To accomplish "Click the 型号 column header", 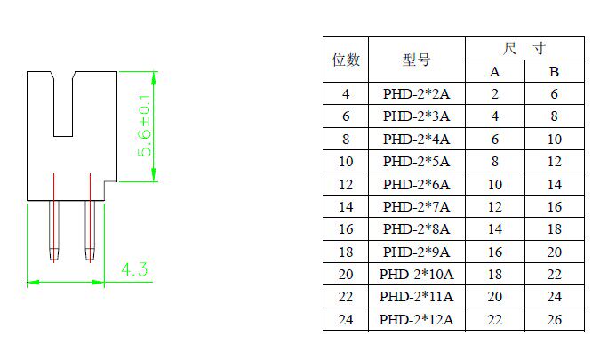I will pyautogui.click(x=416, y=60).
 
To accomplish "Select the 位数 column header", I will pyautogui.click(x=346, y=60).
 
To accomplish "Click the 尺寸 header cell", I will pyautogui.click(x=524, y=49).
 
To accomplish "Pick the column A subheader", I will pyautogui.click(x=494, y=72).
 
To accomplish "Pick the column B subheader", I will pyautogui.click(x=554, y=72).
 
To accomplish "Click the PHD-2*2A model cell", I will pyautogui.click(x=416, y=94).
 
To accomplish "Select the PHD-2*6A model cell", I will pyautogui.click(x=416, y=185).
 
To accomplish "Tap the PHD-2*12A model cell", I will pyautogui.click(x=416, y=320).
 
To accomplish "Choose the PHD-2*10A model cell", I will pyautogui.click(x=416, y=275).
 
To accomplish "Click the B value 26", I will pyautogui.click(x=554, y=320).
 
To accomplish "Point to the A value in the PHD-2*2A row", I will pyautogui.click(x=494, y=94).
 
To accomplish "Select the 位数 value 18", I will pyautogui.click(x=346, y=252).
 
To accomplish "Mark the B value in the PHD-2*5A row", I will pyautogui.click(x=554, y=162).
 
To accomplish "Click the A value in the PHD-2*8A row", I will pyautogui.click(x=494, y=229).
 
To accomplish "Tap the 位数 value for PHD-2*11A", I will pyautogui.click(x=346, y=297).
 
